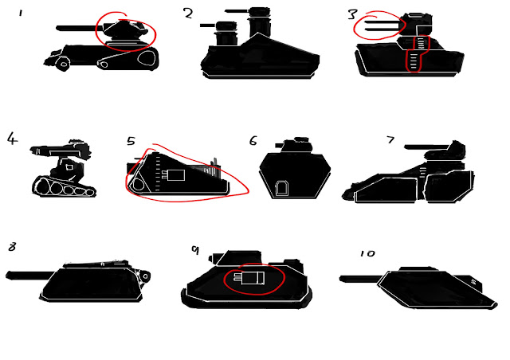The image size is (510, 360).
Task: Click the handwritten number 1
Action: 22,14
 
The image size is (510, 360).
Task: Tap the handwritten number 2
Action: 188,14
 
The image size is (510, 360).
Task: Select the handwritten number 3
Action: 352,14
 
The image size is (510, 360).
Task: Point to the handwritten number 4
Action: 12,139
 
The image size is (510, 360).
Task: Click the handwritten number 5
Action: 131,142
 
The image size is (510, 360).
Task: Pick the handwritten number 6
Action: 253,141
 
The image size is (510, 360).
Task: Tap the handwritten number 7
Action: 390,140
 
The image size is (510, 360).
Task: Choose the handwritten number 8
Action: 12,247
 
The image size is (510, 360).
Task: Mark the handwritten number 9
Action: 194,249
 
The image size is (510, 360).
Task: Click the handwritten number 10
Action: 367,253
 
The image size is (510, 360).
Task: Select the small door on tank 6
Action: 282,188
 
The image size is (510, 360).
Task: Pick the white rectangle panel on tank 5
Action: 175,174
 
